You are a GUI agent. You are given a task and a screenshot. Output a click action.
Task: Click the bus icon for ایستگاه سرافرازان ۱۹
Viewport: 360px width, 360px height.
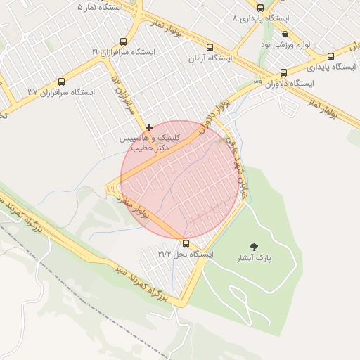[x=124, y=42]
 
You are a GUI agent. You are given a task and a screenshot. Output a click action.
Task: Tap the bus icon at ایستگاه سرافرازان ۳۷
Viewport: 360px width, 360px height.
[x=61, y=82]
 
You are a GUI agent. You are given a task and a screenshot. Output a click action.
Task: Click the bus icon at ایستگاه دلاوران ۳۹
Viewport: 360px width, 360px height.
[x=283, y=72]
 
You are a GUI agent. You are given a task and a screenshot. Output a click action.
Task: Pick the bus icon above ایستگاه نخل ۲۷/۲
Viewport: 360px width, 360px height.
[x=186, y=243]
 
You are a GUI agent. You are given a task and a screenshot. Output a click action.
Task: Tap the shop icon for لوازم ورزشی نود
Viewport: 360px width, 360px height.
[x=285, y=34]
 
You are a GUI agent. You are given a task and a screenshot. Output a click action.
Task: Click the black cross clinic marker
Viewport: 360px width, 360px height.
[x=149, y=127]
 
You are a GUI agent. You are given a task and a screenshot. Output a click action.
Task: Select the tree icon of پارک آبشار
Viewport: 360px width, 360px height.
[x=253, y=247]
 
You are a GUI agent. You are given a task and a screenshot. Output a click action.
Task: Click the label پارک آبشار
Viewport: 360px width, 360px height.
[x=254, y=259]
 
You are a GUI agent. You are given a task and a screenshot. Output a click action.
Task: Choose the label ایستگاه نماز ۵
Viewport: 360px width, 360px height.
[x=99, y=6]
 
